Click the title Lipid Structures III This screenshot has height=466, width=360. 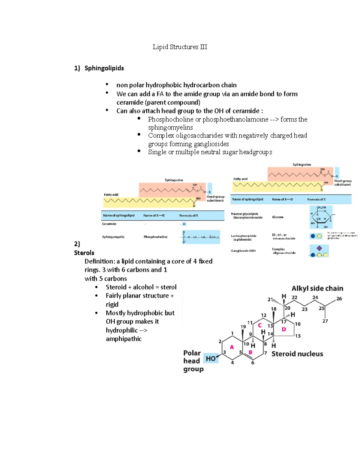coord(180,47)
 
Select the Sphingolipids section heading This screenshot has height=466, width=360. coord(104,68)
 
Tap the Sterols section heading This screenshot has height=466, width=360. coord(84,253)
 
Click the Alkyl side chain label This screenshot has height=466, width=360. coord(317,288)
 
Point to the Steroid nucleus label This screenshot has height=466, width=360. coord(297,354)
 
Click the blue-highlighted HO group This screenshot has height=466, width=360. coord(211,358)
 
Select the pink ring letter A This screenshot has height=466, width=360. coord(232,347)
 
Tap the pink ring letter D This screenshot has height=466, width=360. coord(284,329)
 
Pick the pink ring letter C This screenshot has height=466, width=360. coord(260,325)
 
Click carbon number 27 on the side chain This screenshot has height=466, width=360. coord(325,321)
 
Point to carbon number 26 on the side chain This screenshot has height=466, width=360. coord(339,299)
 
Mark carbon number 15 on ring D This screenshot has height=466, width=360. coord(298,336)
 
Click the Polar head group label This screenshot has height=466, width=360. coord(193,361)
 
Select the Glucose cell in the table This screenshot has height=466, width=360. coord(277,217)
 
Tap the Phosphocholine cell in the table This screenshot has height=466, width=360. coord(155,237)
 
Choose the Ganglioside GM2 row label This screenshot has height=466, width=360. coord(243,251)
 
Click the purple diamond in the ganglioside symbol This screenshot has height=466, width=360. coord(319,248)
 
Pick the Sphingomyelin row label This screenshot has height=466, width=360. coord(113,237)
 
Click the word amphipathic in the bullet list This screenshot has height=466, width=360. coord(124,339)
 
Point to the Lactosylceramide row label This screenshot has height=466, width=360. coord(243,236)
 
